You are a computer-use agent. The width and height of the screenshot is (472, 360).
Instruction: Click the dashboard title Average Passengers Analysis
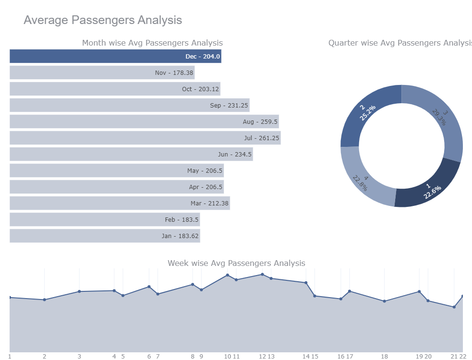coord(103,20)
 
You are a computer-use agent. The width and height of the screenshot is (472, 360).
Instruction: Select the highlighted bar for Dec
coord(115,56)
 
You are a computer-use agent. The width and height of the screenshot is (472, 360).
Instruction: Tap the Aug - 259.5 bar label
coord(260,122)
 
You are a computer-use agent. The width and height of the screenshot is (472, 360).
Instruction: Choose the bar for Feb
coord(104,220)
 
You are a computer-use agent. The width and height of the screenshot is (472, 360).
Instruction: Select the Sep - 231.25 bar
coord(129,106)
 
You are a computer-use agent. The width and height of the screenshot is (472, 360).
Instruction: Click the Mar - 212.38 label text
coord(209,204)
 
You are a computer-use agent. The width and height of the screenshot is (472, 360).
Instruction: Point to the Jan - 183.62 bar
coord(104,236)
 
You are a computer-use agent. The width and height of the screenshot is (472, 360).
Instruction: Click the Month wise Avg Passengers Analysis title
coord(152,43)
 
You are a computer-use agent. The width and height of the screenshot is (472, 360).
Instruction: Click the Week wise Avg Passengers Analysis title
coord(236,263)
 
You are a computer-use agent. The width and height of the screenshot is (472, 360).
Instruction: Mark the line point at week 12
coord(262,275)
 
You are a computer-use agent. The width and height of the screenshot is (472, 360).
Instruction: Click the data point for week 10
coord(228,275)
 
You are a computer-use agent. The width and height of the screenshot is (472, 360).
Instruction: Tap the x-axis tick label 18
coord(384,356)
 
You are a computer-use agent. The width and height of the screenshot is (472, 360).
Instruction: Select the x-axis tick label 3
coord(79,356)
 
